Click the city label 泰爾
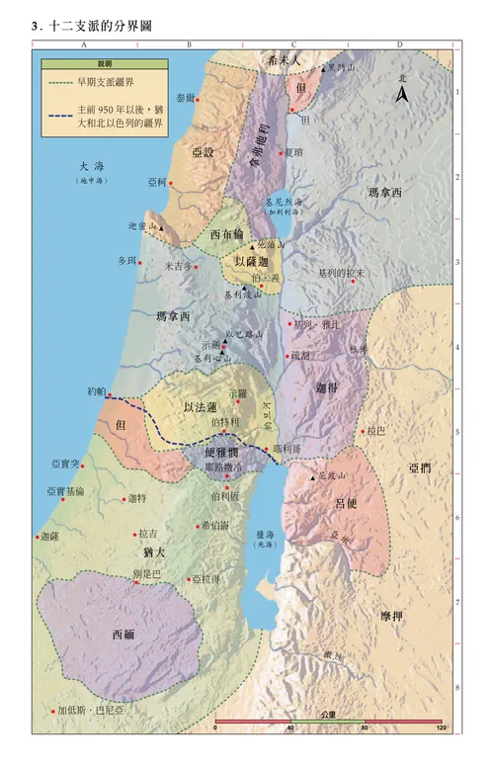185,98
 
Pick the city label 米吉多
178,266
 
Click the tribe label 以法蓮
202,407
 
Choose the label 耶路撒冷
222,465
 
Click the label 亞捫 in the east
419,468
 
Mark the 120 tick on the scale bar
440,728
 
